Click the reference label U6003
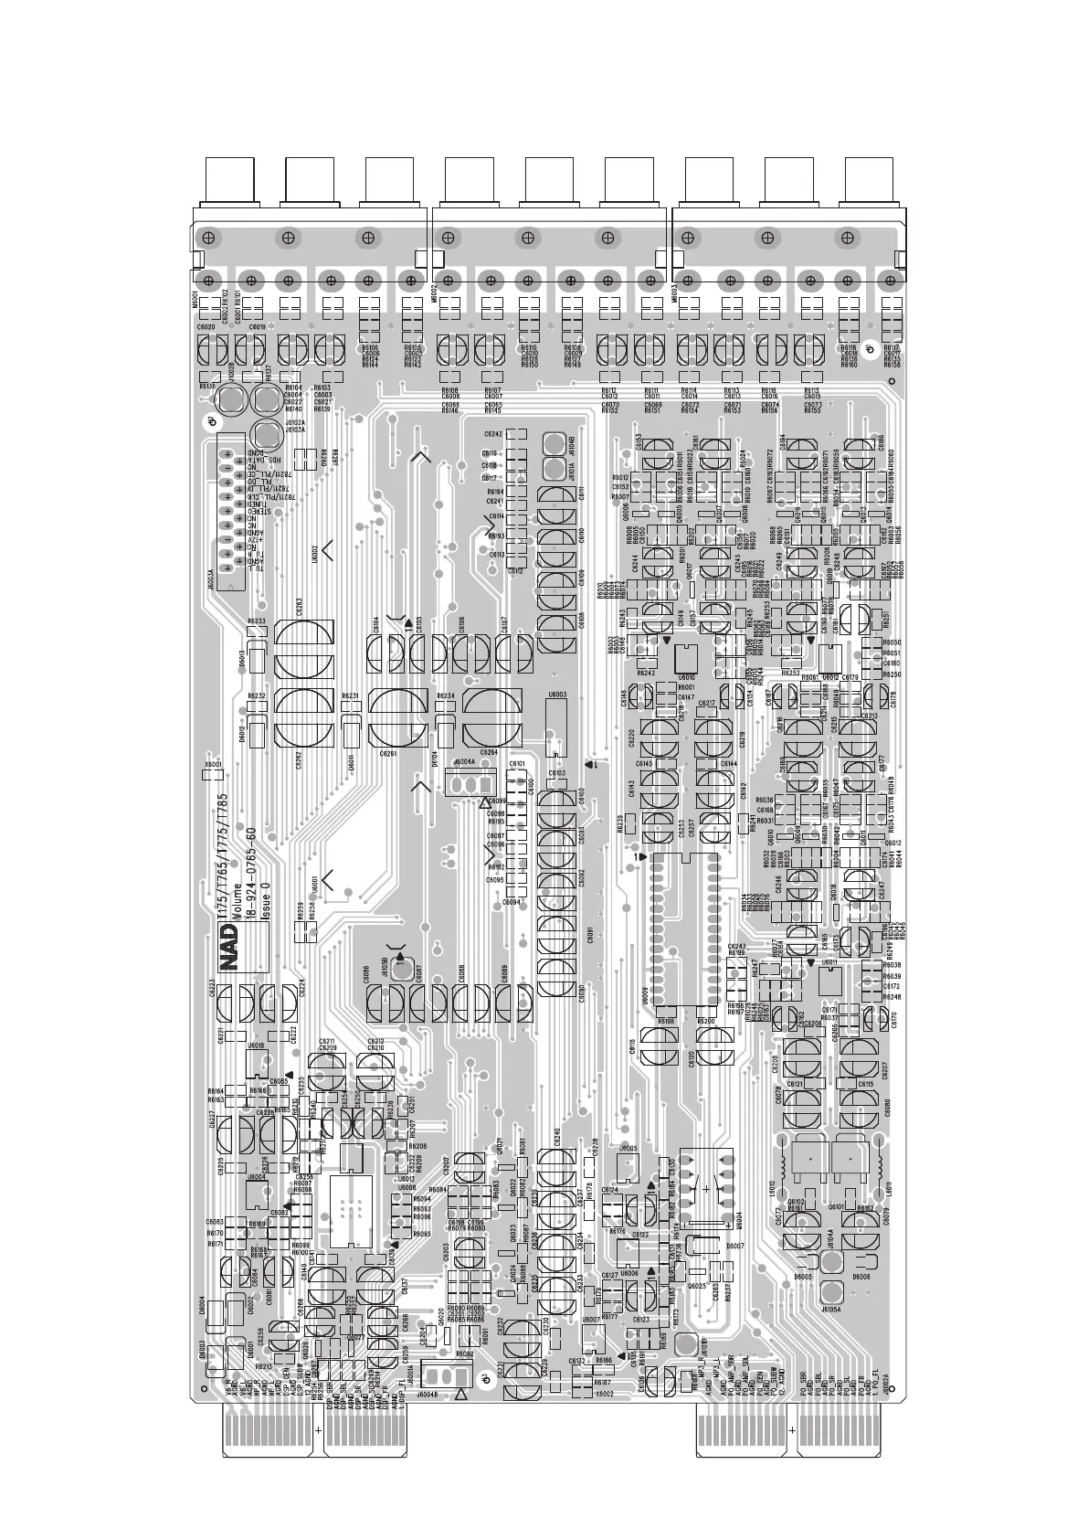(x=557, y=695)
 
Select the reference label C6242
(x=492, y=434)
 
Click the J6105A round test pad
(x=830, y=1293)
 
